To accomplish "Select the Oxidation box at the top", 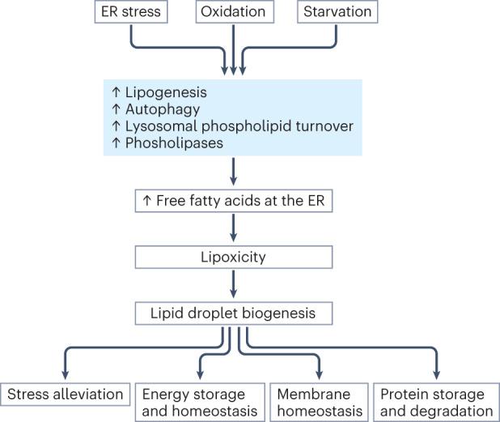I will pos(234,12).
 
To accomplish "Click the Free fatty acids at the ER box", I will pos(233,200).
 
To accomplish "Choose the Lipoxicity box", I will pos(233,258).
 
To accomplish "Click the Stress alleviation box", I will pos(65,394).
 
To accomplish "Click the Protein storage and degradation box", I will pos(436,402).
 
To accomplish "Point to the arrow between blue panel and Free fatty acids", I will pos(233,171).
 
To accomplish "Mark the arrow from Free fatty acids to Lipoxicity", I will pos(233,228).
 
